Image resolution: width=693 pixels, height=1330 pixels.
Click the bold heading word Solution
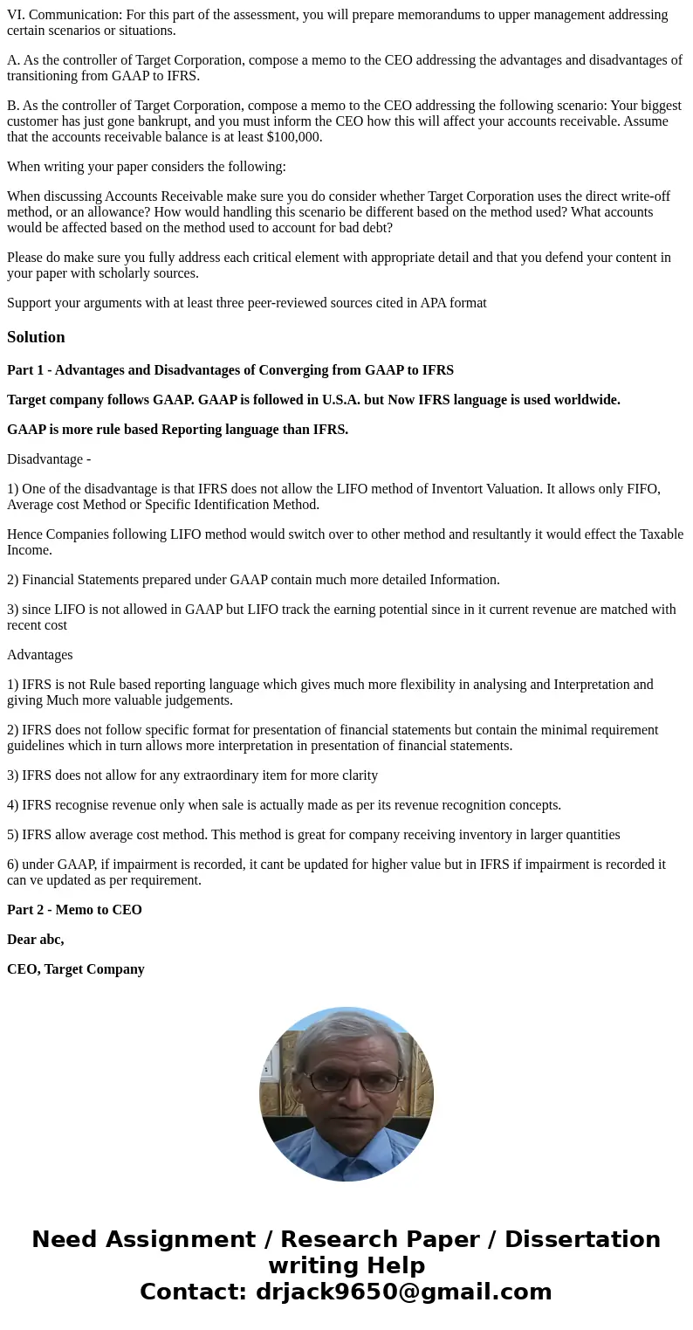[36, 337]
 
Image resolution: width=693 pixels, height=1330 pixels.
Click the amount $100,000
[294, 137]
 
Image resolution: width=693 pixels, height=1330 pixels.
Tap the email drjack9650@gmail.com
[403, 1292]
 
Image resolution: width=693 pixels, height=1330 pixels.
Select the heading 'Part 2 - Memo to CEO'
[74, 910]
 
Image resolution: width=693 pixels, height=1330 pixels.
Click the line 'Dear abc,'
[35, 940]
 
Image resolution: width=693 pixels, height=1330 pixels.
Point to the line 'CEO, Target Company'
[76, 969]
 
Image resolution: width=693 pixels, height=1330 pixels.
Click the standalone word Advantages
[39, 655]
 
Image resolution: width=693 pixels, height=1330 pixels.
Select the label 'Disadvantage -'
[49, 459]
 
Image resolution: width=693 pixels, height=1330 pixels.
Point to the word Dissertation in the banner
[582, 1239]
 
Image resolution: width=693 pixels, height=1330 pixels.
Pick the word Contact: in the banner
[194, 1292]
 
